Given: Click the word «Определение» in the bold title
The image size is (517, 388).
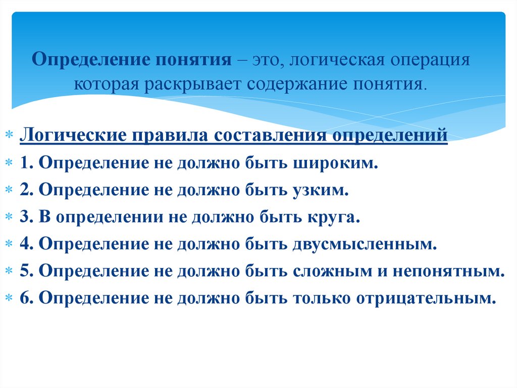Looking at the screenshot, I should click(89, 60).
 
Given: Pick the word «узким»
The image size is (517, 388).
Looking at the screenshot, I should click(321, 191).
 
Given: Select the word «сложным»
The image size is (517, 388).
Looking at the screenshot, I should click(331, 272).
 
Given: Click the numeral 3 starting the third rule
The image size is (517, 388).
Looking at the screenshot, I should click(25, 218).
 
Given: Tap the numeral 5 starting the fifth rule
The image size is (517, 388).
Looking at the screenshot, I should click(25, 272).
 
